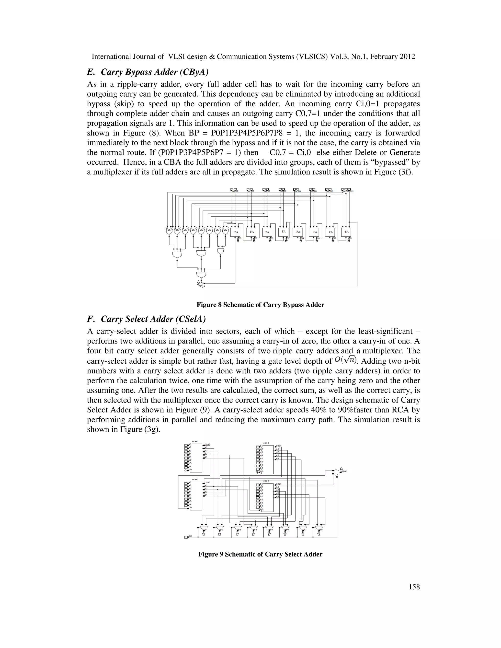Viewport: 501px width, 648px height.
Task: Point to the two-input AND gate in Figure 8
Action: click(x=220, y=251)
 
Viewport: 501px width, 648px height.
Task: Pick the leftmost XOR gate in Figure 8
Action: click(x=169, y=231)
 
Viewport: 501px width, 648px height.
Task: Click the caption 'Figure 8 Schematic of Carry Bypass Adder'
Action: click(x=260, y=305)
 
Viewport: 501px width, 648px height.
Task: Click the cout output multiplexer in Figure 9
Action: click(x=337, y=472)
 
